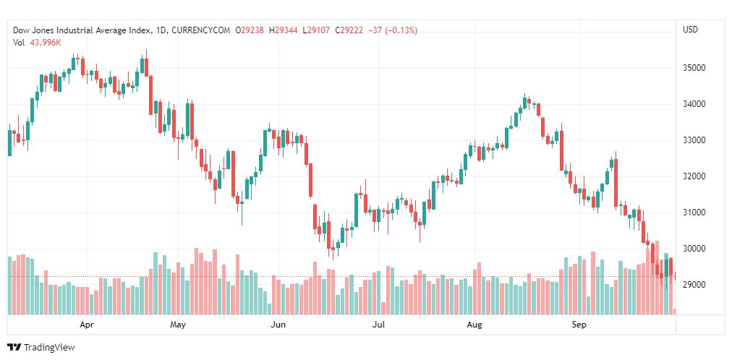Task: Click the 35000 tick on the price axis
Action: (695, 68)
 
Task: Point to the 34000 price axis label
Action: (695, 104)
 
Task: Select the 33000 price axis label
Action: (695, 140)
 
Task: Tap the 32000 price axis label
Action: (695, 176)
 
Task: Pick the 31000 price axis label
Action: (695, 213)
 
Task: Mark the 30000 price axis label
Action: (695, 249)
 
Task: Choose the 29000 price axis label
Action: (695, 285)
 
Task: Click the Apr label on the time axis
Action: (88, 325)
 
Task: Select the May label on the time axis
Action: (178, 325)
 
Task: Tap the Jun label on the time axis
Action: (278, 325)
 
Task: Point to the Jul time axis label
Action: (378, 325)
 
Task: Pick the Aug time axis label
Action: (474, 325)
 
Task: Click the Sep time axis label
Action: (579, 325)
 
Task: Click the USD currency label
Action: (691, 30)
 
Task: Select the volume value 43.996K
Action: (45, 42)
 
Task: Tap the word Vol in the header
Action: (20, 42)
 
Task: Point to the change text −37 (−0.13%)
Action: (392, 30)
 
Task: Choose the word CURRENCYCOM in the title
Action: (203, 30)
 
